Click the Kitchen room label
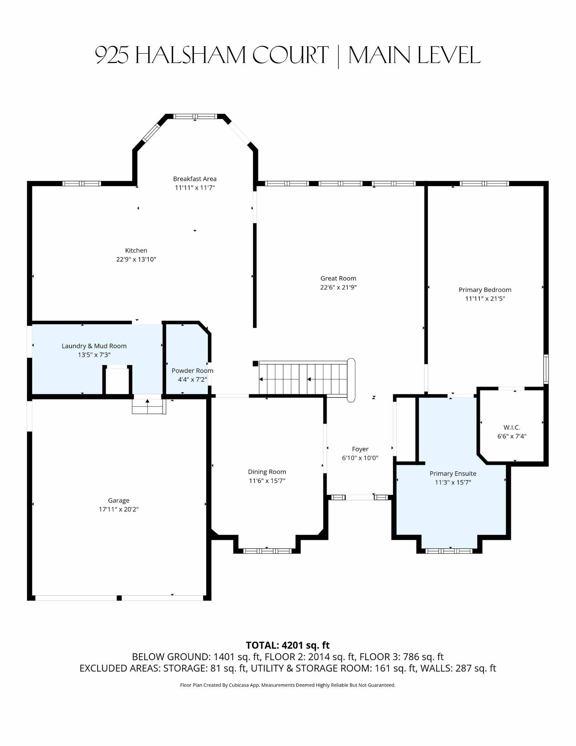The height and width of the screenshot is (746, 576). tap(136, 251)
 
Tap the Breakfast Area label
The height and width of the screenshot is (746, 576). tap(195, 179)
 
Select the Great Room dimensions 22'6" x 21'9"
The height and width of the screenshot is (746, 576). tap(339, 287)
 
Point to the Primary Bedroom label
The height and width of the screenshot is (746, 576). tap(485, 290)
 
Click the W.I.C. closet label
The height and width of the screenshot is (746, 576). tap(512, 427)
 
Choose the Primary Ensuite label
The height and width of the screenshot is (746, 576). tap(453, 474)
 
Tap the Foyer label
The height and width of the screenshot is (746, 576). tap(360, 449)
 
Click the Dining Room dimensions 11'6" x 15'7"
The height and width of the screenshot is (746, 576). tap(267, 481)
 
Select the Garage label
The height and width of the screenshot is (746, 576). tap(119, 501)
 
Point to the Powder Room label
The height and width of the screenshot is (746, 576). tap(192, 371)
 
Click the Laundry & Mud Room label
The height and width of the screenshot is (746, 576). tap(94, 346)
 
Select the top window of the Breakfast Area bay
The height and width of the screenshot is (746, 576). tap(195, 116)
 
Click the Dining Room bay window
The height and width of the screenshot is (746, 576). tap(267, 551)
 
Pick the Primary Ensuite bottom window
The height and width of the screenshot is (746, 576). tap(449, 551)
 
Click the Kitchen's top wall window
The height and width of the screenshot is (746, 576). tap(82, 184)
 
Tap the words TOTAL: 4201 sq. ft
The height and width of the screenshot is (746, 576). tap(288, 645)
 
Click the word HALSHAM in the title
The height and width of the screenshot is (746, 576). tap(190, 55)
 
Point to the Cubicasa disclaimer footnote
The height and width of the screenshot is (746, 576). tap(288, 685)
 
